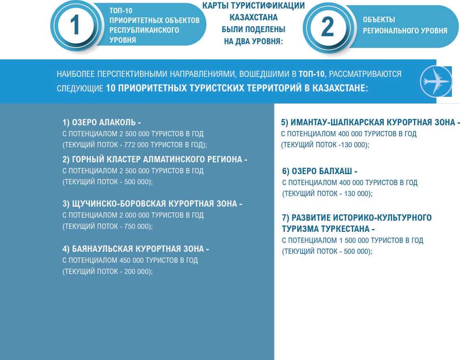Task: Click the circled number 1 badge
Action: (75, 26)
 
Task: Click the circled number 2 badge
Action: (327, 27)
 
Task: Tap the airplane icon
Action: (436, 81)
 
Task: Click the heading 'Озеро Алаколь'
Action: (102, 122)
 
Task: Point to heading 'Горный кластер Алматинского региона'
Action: (155, 159)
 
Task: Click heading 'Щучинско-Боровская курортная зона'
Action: (152, 204)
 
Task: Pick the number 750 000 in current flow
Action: (137, 227)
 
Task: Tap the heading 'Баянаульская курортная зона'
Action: (135, 249)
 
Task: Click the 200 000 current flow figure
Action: (137, 272)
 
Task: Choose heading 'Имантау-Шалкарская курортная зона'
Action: (370, 122)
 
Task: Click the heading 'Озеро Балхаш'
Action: (320, 171)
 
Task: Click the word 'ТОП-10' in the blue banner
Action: (312, 74)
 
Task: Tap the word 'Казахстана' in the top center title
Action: (253, 17)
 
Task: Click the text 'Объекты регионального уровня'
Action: (405, 25)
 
